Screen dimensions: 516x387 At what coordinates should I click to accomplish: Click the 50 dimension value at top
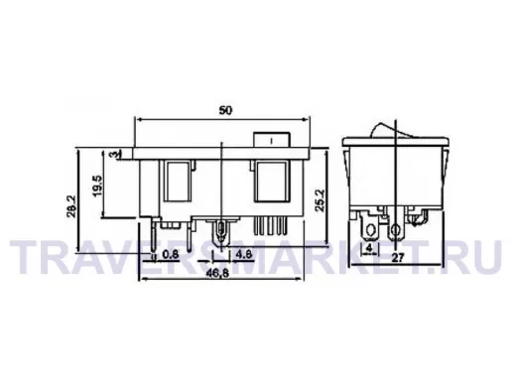coord(225,110)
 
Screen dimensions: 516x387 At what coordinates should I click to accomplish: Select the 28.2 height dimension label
coord(71,206)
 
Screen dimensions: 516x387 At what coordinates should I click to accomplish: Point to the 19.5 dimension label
coord(98,186)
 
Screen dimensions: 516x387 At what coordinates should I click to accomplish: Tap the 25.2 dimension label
coord(321,200)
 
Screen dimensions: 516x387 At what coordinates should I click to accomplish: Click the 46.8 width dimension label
coord(217,273)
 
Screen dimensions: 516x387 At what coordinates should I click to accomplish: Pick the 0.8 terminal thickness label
coord(171,254)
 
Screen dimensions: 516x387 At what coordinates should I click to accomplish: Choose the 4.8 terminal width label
coord(244,254)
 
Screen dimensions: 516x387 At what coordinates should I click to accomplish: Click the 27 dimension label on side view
coord(398,258)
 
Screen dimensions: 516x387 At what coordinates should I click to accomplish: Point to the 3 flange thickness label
coord(113,155)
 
